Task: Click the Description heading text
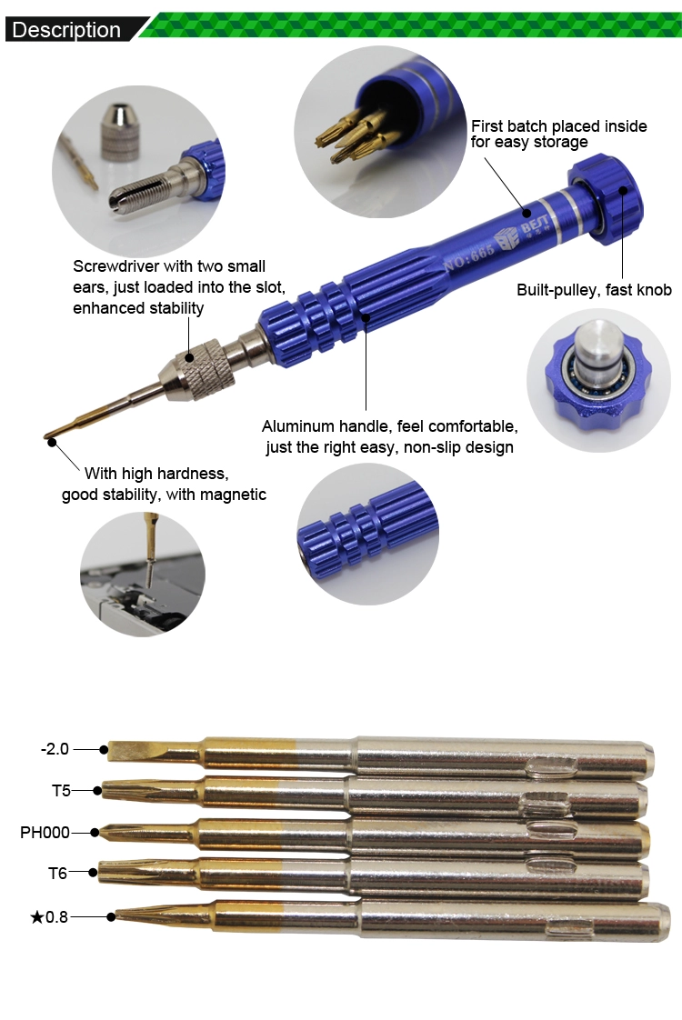(66, 30)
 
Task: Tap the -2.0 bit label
(55, 749)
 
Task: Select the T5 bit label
(61, 790)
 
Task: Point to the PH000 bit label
(45, 832)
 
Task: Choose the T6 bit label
(58, 873)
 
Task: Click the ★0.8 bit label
(49, 916)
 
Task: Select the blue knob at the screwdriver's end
(606, 198)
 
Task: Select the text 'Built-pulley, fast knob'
(594, 290)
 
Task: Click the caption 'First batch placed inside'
(559, 126)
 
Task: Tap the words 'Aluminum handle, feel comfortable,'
(390, 426)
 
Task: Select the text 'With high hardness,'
(156, 474)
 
